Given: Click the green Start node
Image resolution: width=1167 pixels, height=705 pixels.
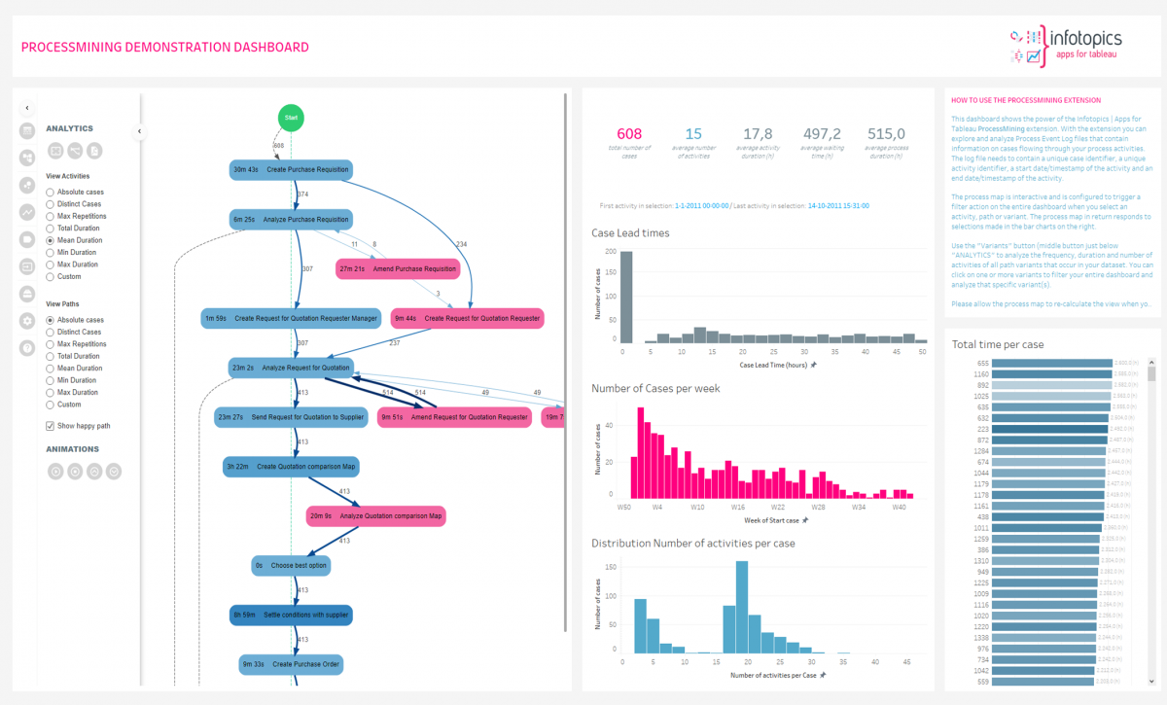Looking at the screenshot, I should pyautogui.click(x=290, y=117).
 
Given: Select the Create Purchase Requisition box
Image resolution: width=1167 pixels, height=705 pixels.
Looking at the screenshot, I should pyautogui.click(x=290, y=170).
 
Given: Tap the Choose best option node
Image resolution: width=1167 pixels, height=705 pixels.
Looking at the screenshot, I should pyautogui.click(x=290, y=565).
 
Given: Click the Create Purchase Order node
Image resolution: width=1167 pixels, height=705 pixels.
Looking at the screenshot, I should pyautogui.click(x=292, y=665).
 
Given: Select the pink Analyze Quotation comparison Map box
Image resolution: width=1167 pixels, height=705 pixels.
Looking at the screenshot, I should pyautogui.click(x=375, y=516).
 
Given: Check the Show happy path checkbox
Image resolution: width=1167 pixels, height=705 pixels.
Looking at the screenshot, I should pyautogui.click(x=51, y=426).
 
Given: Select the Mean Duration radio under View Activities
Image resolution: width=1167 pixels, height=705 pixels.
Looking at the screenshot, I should pyautogui.click(x=51, y=240).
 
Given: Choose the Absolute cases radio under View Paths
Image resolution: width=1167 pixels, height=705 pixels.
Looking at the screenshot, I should pyautogui.click(x=51, y=320).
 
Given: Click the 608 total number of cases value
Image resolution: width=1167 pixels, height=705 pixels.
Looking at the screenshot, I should pyautogui.click(x=629, y=134).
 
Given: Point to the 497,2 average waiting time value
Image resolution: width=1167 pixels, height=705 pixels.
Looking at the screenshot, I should pyautogui.click(x=821, y=134).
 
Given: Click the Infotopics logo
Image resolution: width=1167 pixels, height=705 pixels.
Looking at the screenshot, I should pyautogui.click(x=1067, y=45).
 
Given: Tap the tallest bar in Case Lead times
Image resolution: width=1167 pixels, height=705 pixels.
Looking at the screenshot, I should pyautogui.click(x=626, y=297).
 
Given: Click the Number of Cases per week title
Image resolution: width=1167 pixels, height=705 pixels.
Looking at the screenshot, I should pyautogui.click(x=655, y=388).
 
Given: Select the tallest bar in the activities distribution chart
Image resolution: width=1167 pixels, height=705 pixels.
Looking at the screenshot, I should pyautogui.click(x=742, y=607).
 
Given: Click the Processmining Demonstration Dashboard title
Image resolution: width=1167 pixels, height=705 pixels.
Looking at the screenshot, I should pyautogui.click(x=165, y=47).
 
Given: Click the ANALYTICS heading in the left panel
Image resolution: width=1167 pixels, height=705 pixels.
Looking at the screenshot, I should pyautogui.click(x=70, y=128).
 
